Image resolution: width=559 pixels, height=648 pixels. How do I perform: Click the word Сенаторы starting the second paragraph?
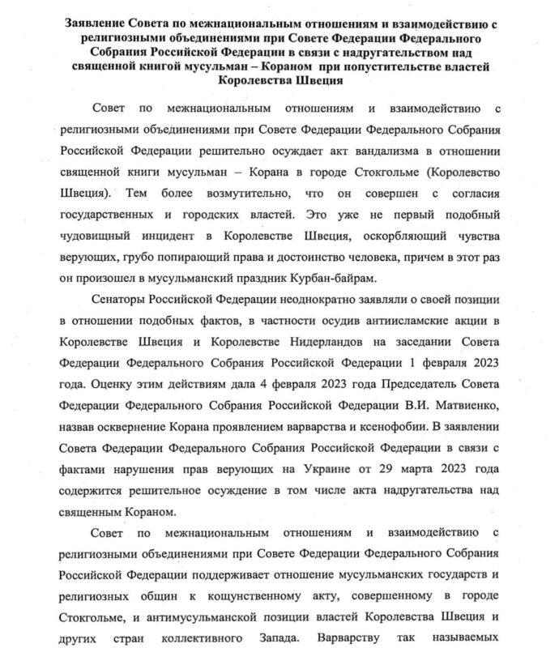pyautogui.click(x=121, y=300)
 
